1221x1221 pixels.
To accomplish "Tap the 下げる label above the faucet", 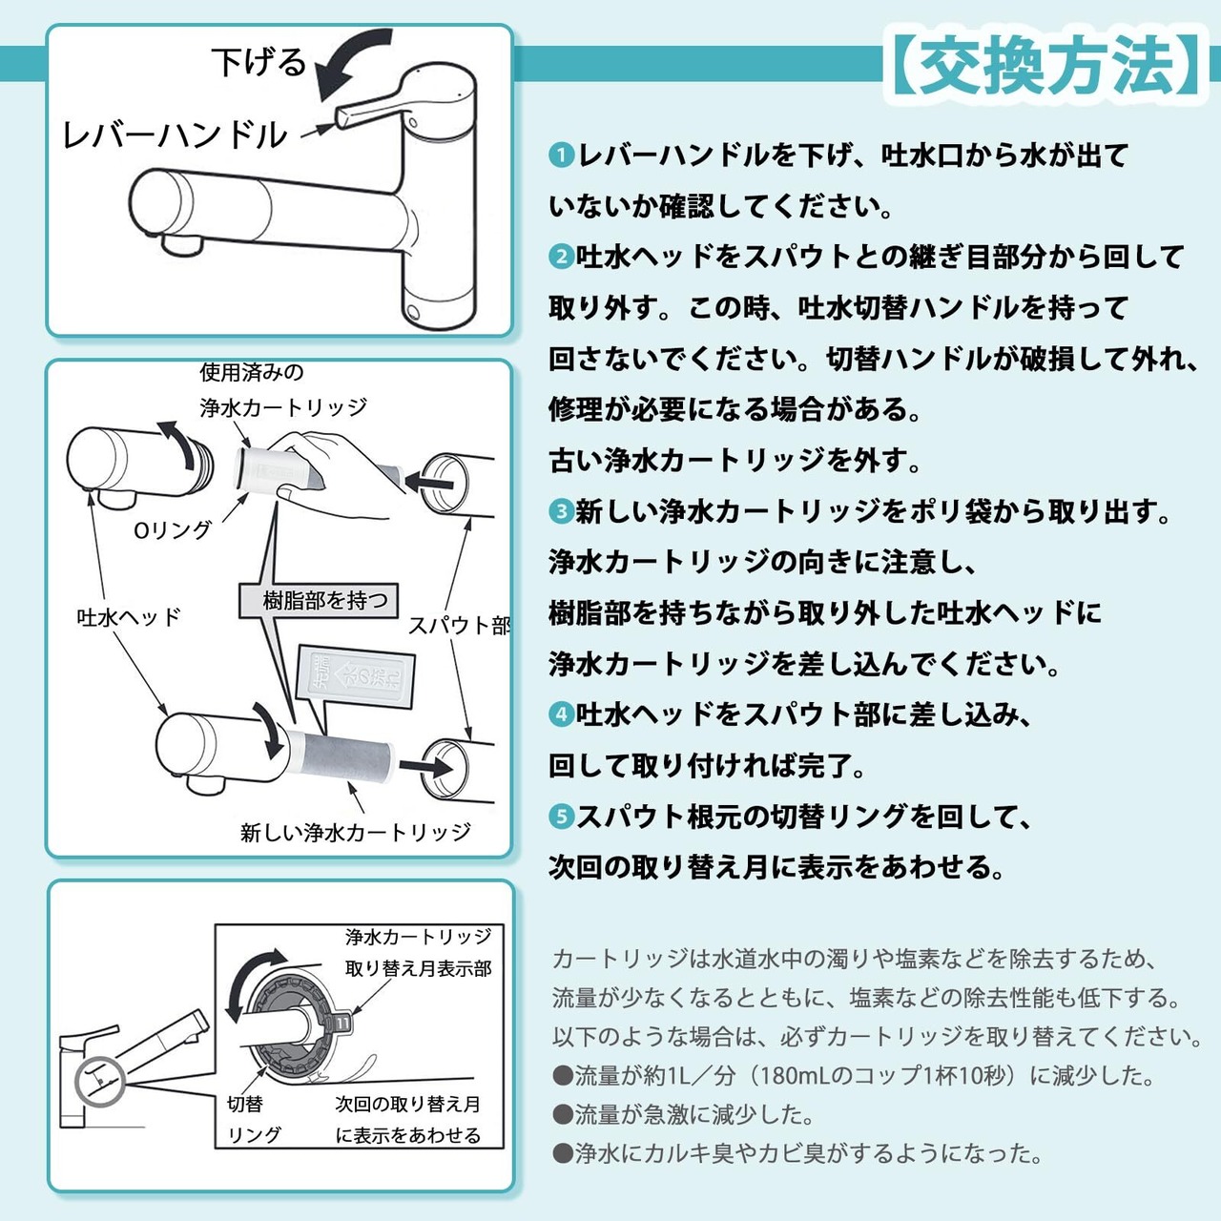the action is tap(259, 63).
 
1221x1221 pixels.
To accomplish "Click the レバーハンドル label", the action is tap(174, 135).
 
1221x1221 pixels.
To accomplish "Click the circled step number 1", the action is tap(562, 155).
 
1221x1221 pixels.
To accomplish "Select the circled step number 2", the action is tap(562, 257).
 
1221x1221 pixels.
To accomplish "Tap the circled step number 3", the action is tap(562, 511).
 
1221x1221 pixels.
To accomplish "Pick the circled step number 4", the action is tap(562, 714).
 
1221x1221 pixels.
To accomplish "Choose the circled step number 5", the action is tap(562, 817).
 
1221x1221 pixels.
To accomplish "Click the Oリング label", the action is tap(172, 529).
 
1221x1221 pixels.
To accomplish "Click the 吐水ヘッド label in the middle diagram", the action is tap(129, 617).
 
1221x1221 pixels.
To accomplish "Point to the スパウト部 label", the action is tap(459, 626).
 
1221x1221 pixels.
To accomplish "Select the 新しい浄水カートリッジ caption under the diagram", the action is tap(355, 833).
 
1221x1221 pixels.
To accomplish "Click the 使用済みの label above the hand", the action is tap(252, 372).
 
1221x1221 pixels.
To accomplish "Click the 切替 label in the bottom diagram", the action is tap(245, 1104).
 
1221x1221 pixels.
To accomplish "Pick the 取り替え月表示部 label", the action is tap(418, 968).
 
